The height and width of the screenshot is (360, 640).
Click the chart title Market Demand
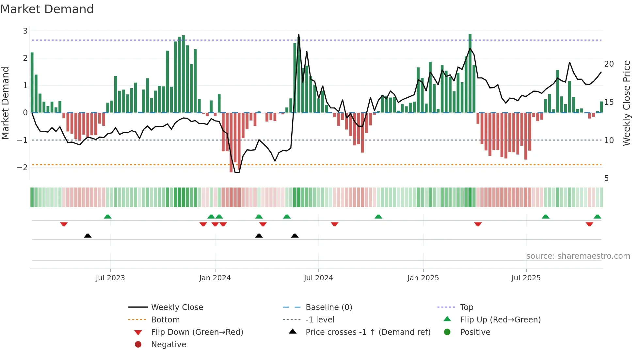coord(47,9)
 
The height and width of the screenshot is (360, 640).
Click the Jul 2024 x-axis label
coord(318,278)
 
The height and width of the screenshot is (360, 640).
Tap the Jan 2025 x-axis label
coord(423,278)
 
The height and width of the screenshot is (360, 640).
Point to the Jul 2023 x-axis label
coord(110,278)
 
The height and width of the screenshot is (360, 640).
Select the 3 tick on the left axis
coord(25,31)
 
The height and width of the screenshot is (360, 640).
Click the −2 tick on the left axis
coord(23,167)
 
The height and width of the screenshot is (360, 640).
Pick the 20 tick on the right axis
coord(609,64)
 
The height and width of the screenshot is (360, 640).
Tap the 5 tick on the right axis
coord(606,178)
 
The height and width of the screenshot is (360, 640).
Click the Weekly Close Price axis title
coord(626,103)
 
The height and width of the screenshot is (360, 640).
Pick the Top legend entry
coord(466,307)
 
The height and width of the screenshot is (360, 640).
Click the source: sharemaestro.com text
coord(578,256)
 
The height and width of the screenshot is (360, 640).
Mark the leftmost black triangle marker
coord(88,236)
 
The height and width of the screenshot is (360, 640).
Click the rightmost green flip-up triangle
coord(597,217)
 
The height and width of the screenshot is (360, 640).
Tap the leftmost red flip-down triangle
coord(64,224)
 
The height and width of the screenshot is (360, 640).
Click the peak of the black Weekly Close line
coord(298,34)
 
